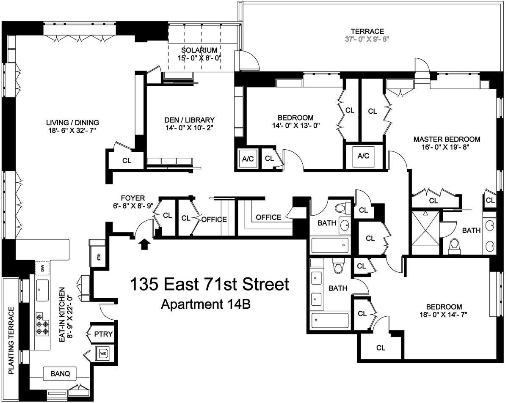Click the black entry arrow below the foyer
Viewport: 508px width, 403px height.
point(145,244)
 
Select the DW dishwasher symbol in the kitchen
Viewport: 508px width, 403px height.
point(42,268)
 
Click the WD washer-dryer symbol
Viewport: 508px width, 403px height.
point(103,353)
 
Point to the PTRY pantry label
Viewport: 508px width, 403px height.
point(103,334)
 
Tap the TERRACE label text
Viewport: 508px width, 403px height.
point(367,31)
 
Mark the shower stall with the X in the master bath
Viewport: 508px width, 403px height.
point(425,232)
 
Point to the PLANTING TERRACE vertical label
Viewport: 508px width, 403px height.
point(11,340)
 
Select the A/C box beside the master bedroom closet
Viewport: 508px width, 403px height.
point(363,156)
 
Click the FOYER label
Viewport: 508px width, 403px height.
point(133,197)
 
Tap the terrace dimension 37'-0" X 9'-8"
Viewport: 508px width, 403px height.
point(367,39)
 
